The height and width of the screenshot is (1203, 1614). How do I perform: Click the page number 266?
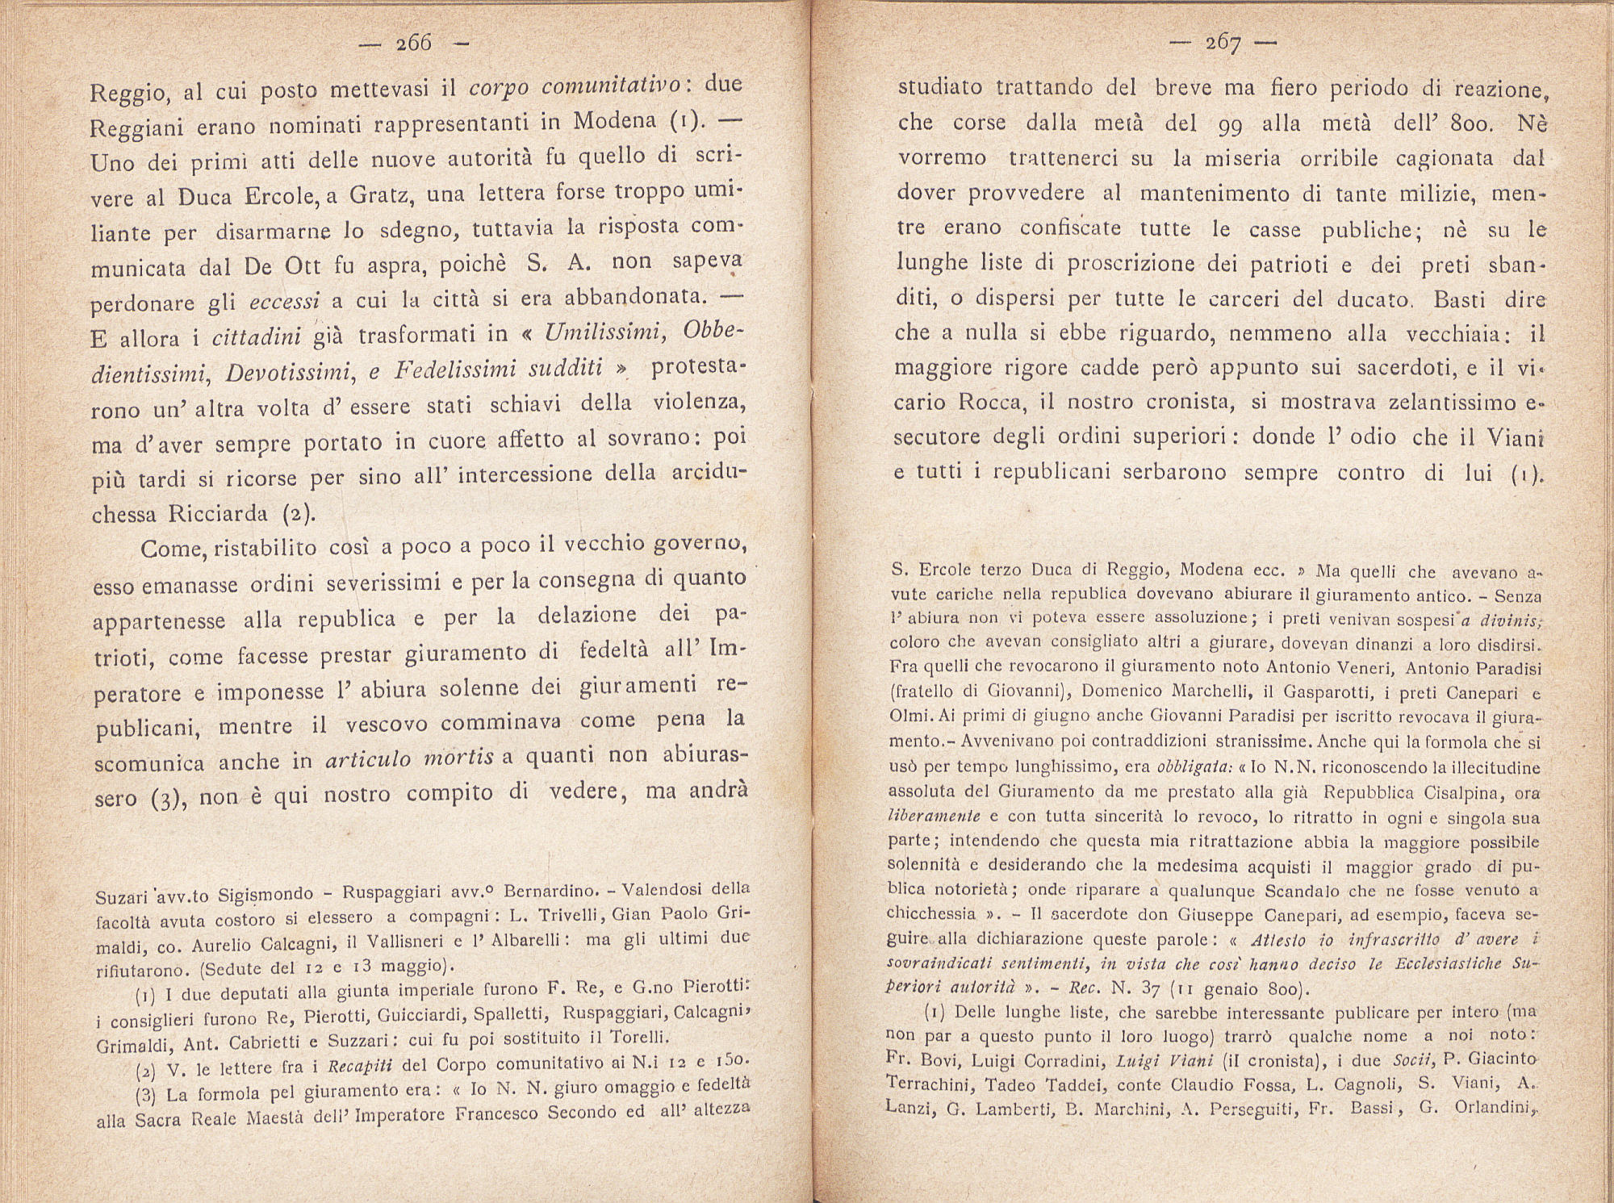tap(414, 43)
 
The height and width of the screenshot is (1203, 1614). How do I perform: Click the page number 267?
tap(1223, 43)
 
